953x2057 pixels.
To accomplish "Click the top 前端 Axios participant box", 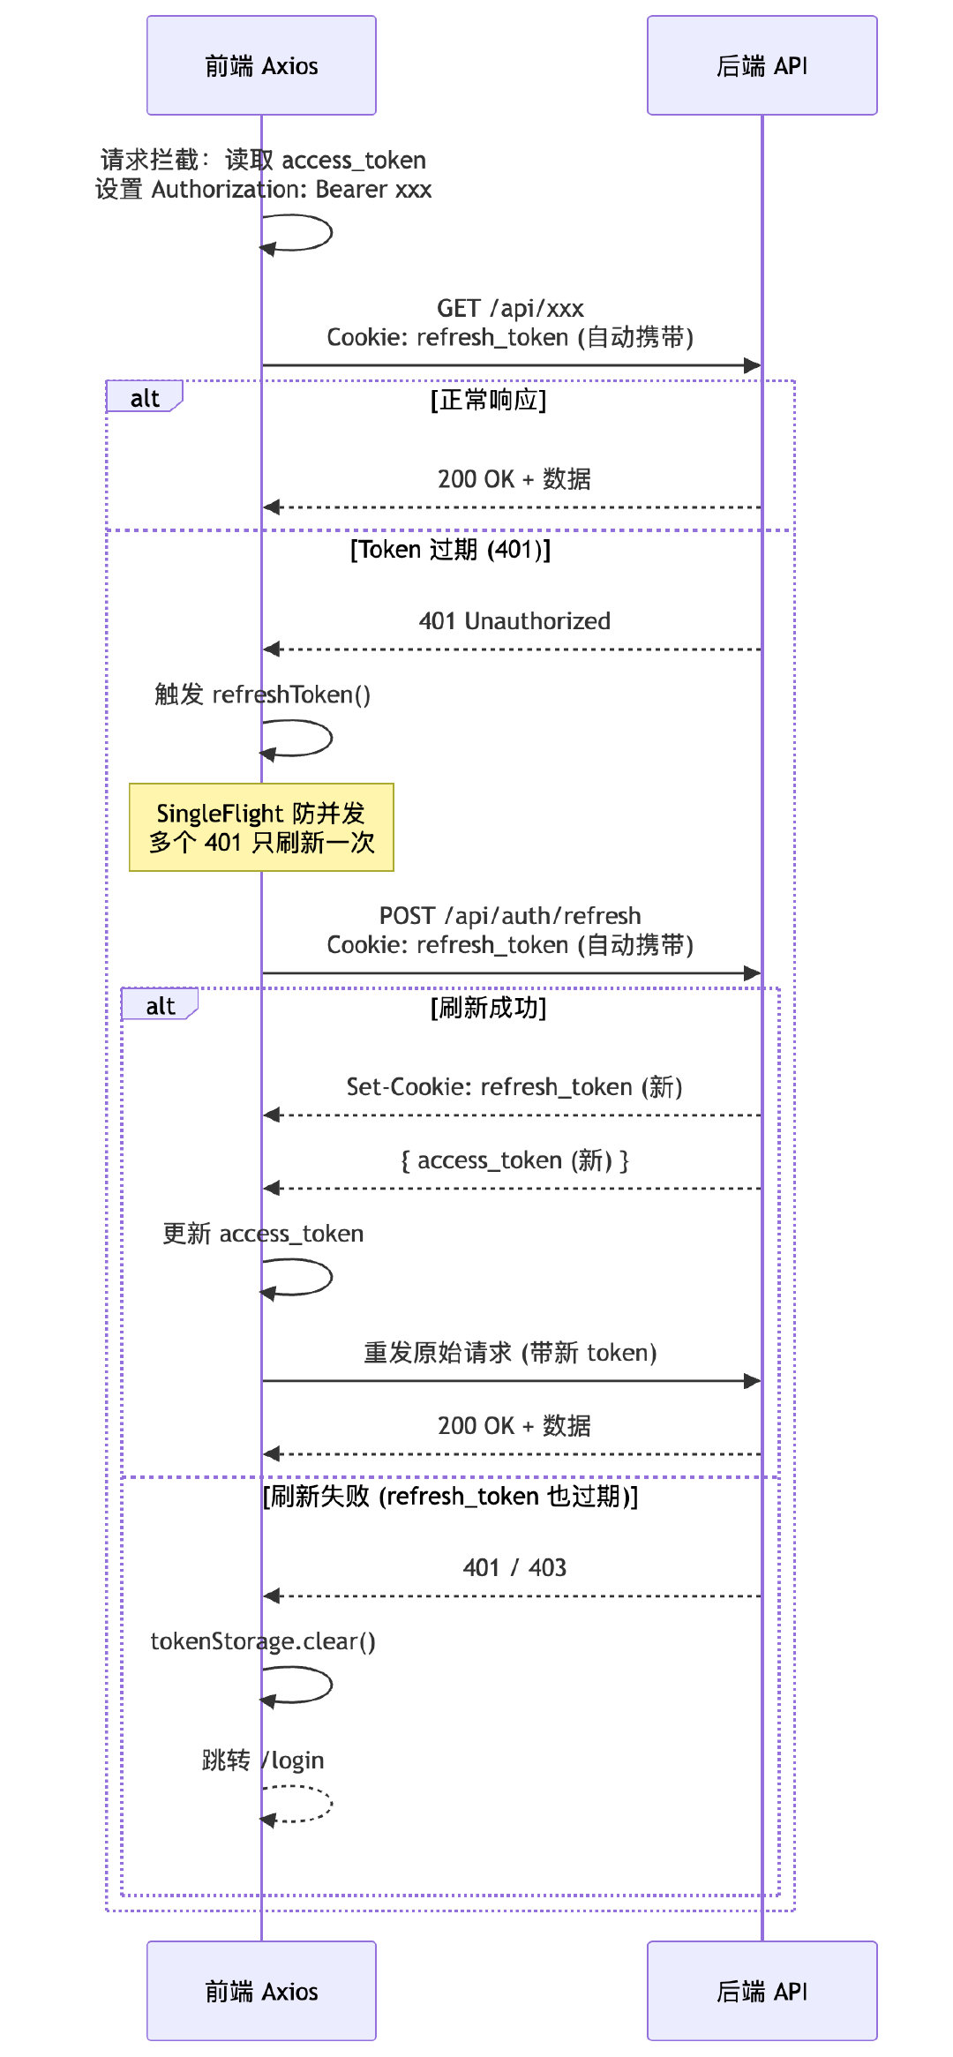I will click(261, 65).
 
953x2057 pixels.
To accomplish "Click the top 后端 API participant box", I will click(762, 65).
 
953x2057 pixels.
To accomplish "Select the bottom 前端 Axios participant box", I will click(261, 1991).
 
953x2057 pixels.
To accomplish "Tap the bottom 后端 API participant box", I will click(762, 1991).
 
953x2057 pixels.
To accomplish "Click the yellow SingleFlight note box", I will click(261, 827).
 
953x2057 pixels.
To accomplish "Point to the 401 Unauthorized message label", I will click(514, 621).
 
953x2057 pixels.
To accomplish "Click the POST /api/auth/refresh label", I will click(510, 916).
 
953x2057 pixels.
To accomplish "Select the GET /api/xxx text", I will click(510, 309).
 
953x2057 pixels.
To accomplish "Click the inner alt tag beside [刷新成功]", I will click(160, 1006).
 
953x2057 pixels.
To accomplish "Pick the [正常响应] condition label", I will click(488, 400).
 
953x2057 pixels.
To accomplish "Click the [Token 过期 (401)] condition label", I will click(450, 550).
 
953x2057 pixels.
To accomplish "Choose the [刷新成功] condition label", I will click(488, 1008).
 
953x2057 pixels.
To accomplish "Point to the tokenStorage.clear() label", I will click(263, 1641).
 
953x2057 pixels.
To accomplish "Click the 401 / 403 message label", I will click(514, 1567).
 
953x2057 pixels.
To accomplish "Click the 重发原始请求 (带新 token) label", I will click(510, 1353).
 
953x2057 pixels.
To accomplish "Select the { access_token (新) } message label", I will click(514, 1160).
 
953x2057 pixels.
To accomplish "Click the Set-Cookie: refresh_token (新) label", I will click(514, 1087).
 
